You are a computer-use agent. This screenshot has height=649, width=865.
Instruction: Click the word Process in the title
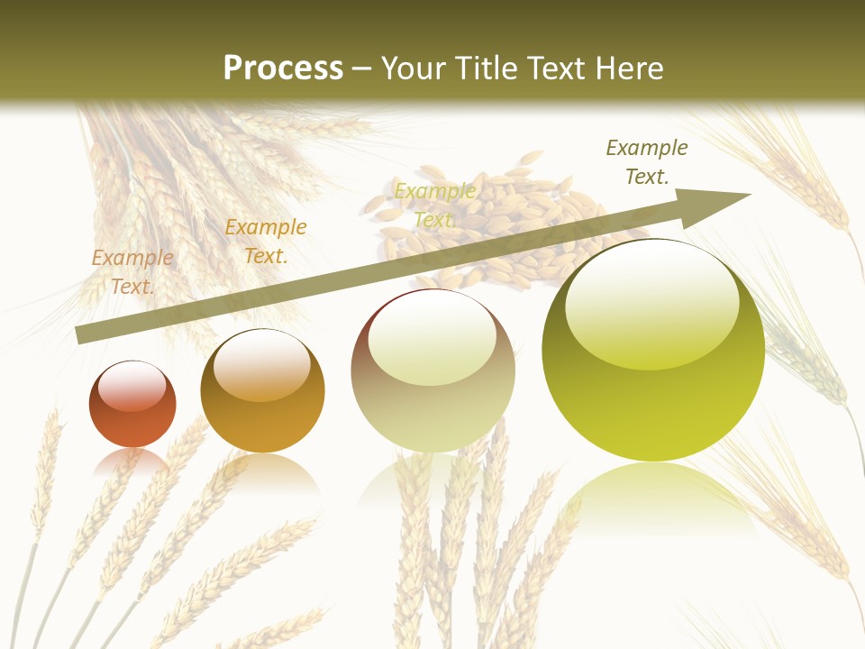283,69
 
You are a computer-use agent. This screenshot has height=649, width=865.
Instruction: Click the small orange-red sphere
132,404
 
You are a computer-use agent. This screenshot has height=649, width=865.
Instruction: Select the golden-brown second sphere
262,391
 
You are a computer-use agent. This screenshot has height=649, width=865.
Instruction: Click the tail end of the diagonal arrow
79,335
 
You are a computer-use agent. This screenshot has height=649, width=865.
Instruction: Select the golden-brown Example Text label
266,242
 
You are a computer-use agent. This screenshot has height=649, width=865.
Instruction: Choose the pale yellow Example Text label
434,206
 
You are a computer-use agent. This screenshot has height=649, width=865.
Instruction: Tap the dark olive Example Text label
646,162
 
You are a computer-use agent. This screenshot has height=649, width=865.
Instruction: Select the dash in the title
362,69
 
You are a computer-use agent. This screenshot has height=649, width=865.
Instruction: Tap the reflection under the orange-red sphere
132,462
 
